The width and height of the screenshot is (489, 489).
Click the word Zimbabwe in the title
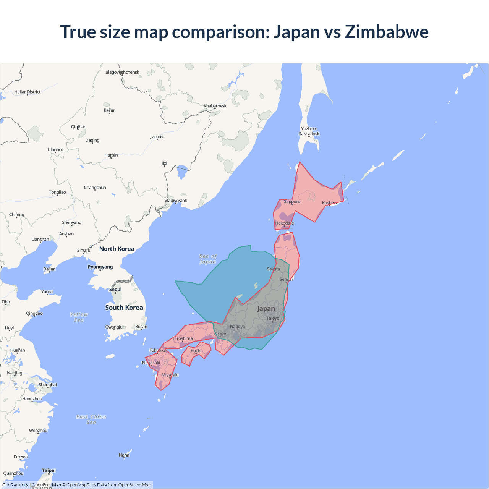pos(387,32)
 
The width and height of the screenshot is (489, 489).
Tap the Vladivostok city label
pos(176,201)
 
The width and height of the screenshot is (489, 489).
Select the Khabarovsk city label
pos(215,106)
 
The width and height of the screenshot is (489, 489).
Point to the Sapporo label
pos(292,201)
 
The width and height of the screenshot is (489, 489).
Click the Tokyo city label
pos(272,318)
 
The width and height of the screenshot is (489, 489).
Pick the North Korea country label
pos(117,249)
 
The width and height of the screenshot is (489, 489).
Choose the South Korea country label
pos(124,308)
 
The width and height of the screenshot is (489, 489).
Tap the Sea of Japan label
pos(208,259)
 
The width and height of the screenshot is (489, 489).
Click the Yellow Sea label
pos(79,317)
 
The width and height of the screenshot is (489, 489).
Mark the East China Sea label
pos(91,419)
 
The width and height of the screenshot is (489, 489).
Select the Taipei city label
pos(49,470)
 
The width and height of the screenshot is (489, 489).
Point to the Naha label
pos(124,455)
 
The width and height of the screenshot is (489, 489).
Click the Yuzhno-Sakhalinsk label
pos(309,131)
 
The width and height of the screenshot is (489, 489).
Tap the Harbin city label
pos(111,155)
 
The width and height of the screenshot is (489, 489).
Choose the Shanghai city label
pos(48,385)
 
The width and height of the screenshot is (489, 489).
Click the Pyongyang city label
pos(100,267)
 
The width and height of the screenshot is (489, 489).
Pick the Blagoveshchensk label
pos(122,72)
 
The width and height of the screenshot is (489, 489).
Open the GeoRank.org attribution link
pos(15,485)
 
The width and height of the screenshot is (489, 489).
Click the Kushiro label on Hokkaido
pos(329,203)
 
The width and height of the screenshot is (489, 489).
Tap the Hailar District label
pos(28,92)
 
